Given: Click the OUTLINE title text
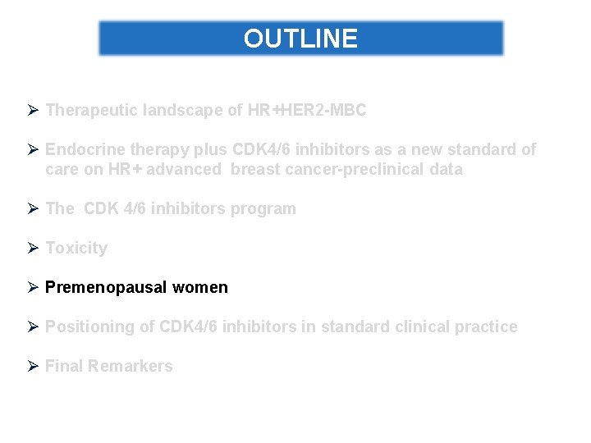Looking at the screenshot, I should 300,39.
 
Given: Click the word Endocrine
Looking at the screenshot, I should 84,149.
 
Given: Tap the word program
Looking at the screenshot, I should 264,208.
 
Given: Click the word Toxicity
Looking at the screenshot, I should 76,248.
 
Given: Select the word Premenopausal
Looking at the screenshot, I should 106,287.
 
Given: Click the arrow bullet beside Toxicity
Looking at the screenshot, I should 33,248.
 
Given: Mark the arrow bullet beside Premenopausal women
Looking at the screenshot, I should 33,287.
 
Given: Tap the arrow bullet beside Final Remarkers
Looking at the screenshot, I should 33,366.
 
